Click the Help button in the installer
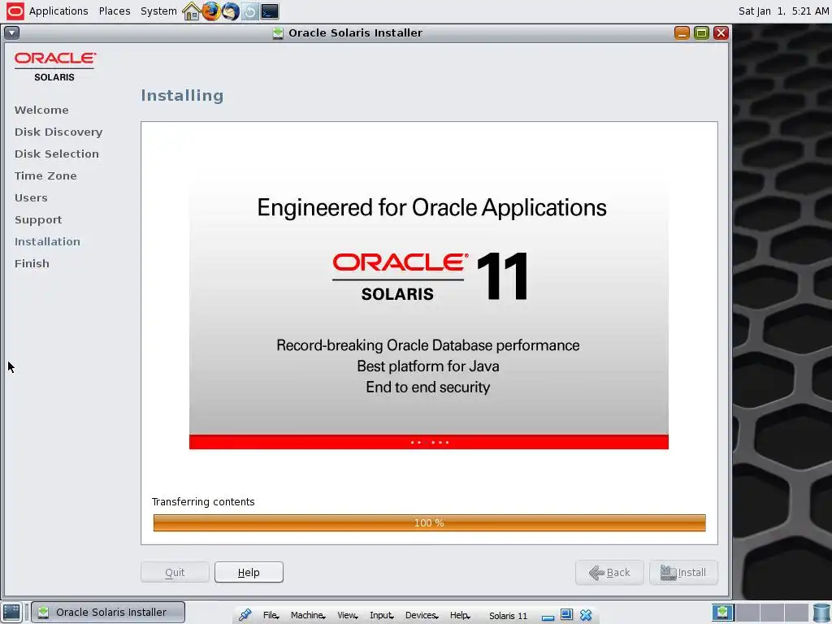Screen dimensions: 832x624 [x=249, y=572]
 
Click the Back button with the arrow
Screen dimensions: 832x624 [x=609, y=573]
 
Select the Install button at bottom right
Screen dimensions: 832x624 [x=683, y=573]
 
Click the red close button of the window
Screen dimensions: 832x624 [x=721, y=32]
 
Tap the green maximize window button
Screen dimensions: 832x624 [x=701, y=32]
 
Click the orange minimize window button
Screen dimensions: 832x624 [x=682, y=32]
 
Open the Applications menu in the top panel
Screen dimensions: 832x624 [x=58, y=11]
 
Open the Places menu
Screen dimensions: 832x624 [x=115, y=11]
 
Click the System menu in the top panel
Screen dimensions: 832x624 [x=158, y=11]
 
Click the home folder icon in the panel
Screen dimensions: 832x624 [x=191, y=11]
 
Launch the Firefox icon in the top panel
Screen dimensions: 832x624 [x=210, y=11]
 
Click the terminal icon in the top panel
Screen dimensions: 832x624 [x=270, y=11]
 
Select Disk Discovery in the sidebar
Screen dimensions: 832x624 [x=58, y=132]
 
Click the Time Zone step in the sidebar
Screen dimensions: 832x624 [x=45, y=175]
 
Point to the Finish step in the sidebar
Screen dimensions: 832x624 [x=32, y=264]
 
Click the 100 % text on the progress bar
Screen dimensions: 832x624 [x=429, y=523]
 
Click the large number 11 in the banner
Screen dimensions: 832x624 [x=502, y=276]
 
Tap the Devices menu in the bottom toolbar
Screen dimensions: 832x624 [x=422, y=615]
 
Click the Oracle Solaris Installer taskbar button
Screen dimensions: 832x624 [x=108, y=613]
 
